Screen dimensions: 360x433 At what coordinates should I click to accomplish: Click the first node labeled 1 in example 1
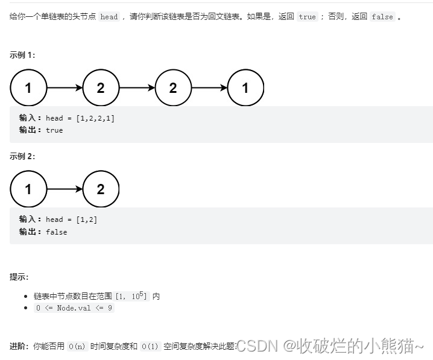click(x=28, y=88)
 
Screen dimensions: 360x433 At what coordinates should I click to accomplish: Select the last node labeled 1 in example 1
click(x=245, y=88)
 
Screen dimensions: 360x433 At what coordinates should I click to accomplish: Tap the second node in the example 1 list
click(x=101, y=88)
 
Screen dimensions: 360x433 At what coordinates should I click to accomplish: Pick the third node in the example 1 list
click(x=173, y=88)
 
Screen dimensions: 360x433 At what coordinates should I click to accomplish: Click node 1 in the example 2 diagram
click(x=28, y=189)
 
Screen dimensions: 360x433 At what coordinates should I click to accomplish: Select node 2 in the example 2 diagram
click(x=101, y=189)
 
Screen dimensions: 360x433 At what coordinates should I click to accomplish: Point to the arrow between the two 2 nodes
click(x=137, y=88)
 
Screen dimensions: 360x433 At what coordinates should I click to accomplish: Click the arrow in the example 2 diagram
click(x=65, y=189)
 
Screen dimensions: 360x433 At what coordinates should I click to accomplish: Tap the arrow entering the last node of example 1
click(x=209, y=88)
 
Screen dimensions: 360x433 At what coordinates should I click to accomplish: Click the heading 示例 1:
click(x=22, y=55)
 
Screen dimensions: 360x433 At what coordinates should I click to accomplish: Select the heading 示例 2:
click(x=22, y=156)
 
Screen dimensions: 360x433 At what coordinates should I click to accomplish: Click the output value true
click(x=54, y=130)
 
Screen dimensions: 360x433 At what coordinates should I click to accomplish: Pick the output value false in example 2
click(x=56, y=232)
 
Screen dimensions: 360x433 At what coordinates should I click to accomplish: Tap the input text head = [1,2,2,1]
click(x=80, y=118)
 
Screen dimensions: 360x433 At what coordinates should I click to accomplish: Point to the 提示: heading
click(x=19, y=277)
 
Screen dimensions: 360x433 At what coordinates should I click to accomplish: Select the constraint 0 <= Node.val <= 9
click(x=74, y=308)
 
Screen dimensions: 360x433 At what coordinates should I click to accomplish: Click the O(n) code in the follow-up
click(x=77, y=347)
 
